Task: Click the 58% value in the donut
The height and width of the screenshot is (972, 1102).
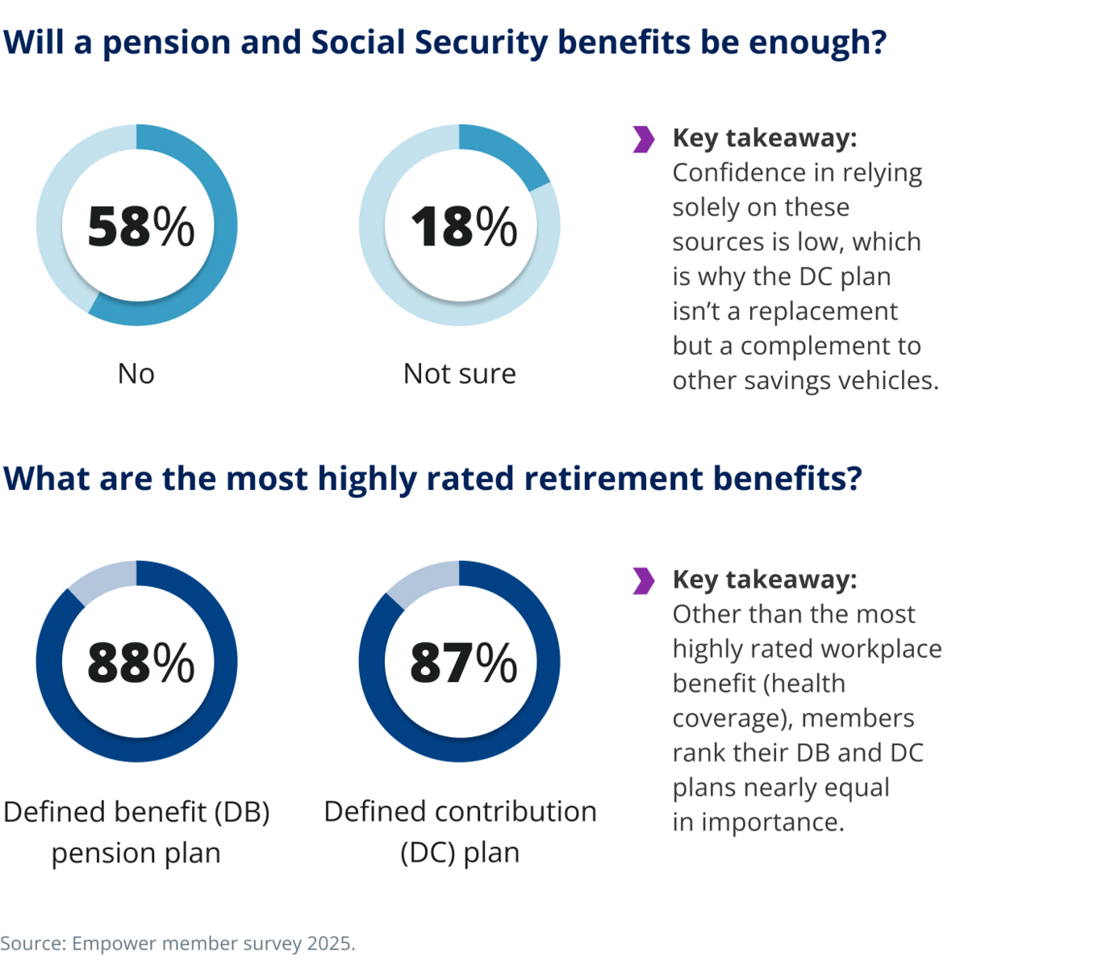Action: pos(140,226)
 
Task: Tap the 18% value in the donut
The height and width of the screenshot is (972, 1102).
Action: pos(463,226)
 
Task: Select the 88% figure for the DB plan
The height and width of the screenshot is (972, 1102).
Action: pos(140,663)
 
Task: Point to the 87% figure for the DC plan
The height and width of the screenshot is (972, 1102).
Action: pos(463,663)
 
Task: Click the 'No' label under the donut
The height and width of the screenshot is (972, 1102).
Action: pos(136,374)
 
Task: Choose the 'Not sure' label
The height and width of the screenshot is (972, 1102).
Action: pos(459,374)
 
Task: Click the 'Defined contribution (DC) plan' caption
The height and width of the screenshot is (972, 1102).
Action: pos(460,832)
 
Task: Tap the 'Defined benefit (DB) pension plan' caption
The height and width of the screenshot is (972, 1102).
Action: pos(136,832)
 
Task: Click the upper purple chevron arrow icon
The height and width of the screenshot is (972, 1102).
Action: pos(643,140)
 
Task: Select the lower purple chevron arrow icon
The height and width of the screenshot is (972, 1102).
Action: pos(643,580)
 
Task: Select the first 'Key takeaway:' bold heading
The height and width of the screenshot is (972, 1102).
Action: pos(764,138)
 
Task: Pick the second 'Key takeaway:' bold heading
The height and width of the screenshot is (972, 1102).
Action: pos(764,580)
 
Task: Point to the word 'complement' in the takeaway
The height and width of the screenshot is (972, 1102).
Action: pos(830,346)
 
